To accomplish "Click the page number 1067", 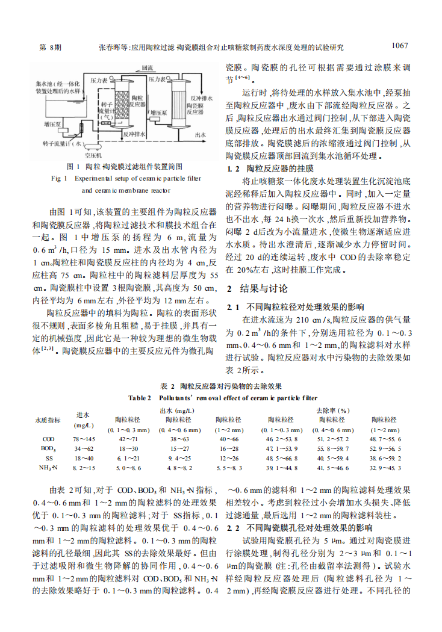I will [400, 45].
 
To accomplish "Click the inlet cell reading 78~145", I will [83, 439].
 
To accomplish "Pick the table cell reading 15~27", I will [179, 448].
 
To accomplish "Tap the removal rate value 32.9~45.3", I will [385, 467].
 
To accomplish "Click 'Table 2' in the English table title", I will [140, 397].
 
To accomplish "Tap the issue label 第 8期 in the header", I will [49, 46].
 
